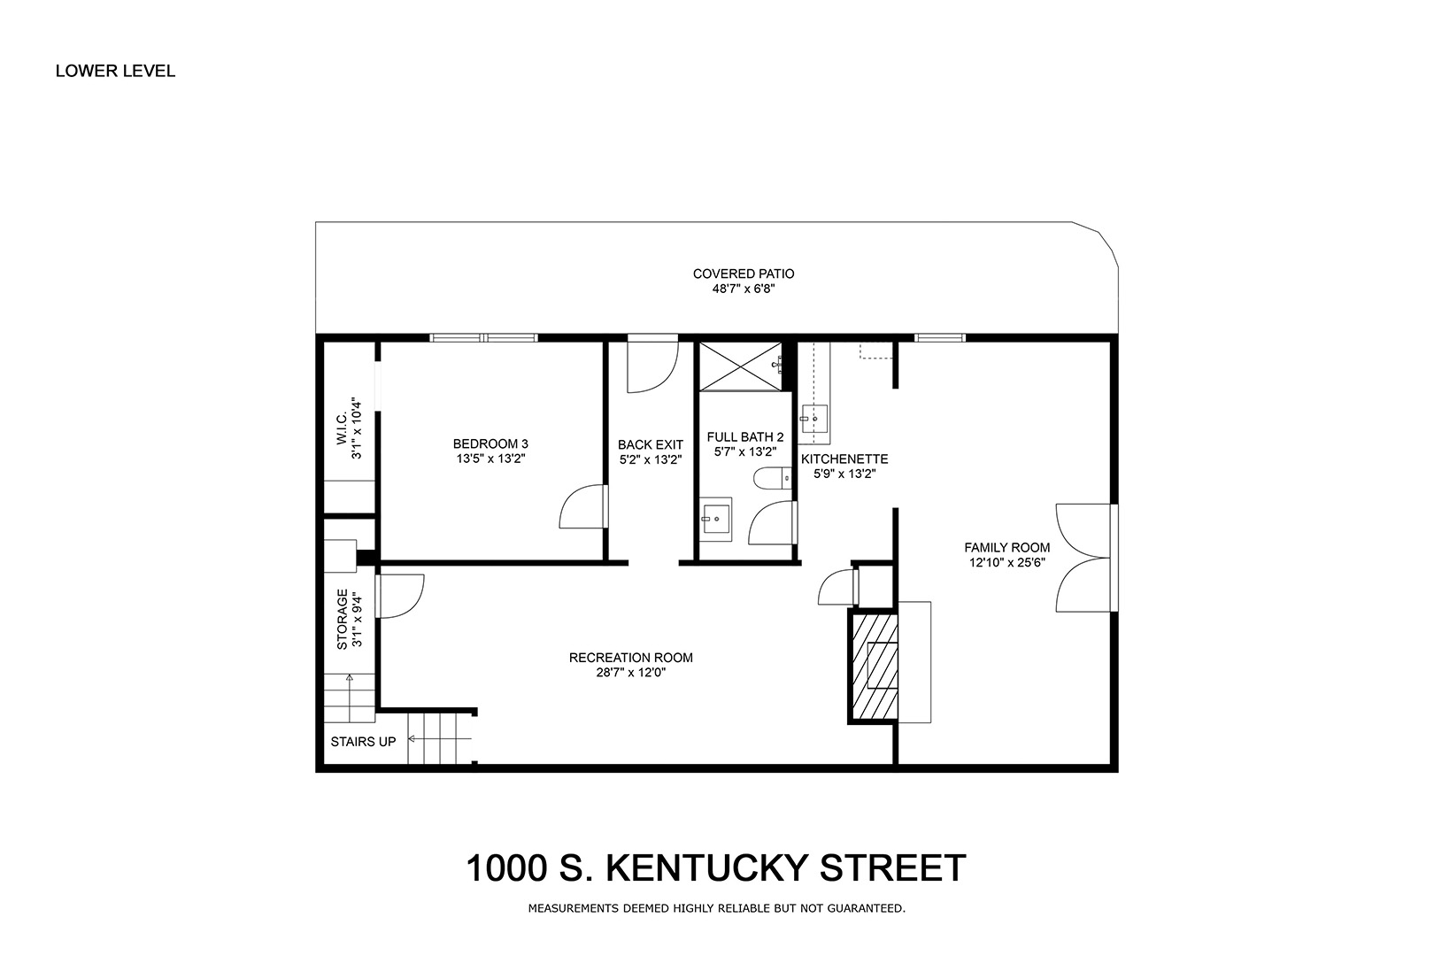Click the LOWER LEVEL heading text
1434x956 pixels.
115,71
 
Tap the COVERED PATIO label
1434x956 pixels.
744,274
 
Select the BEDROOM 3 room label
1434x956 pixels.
490,443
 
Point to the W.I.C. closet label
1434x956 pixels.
341,429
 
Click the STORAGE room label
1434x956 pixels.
342,620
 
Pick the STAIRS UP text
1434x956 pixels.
363,742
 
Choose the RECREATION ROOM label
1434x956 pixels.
630,658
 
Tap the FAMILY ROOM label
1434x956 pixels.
1007,547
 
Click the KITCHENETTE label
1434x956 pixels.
844,459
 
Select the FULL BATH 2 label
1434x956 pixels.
745,436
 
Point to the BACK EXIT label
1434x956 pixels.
651,444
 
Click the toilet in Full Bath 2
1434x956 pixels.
773,478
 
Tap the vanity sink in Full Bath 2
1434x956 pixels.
715,520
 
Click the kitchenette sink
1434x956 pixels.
814,418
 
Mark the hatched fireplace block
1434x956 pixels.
873,666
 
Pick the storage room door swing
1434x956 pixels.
399,596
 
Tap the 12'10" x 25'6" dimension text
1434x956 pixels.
1007,564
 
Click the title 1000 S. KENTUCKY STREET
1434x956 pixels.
716,868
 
